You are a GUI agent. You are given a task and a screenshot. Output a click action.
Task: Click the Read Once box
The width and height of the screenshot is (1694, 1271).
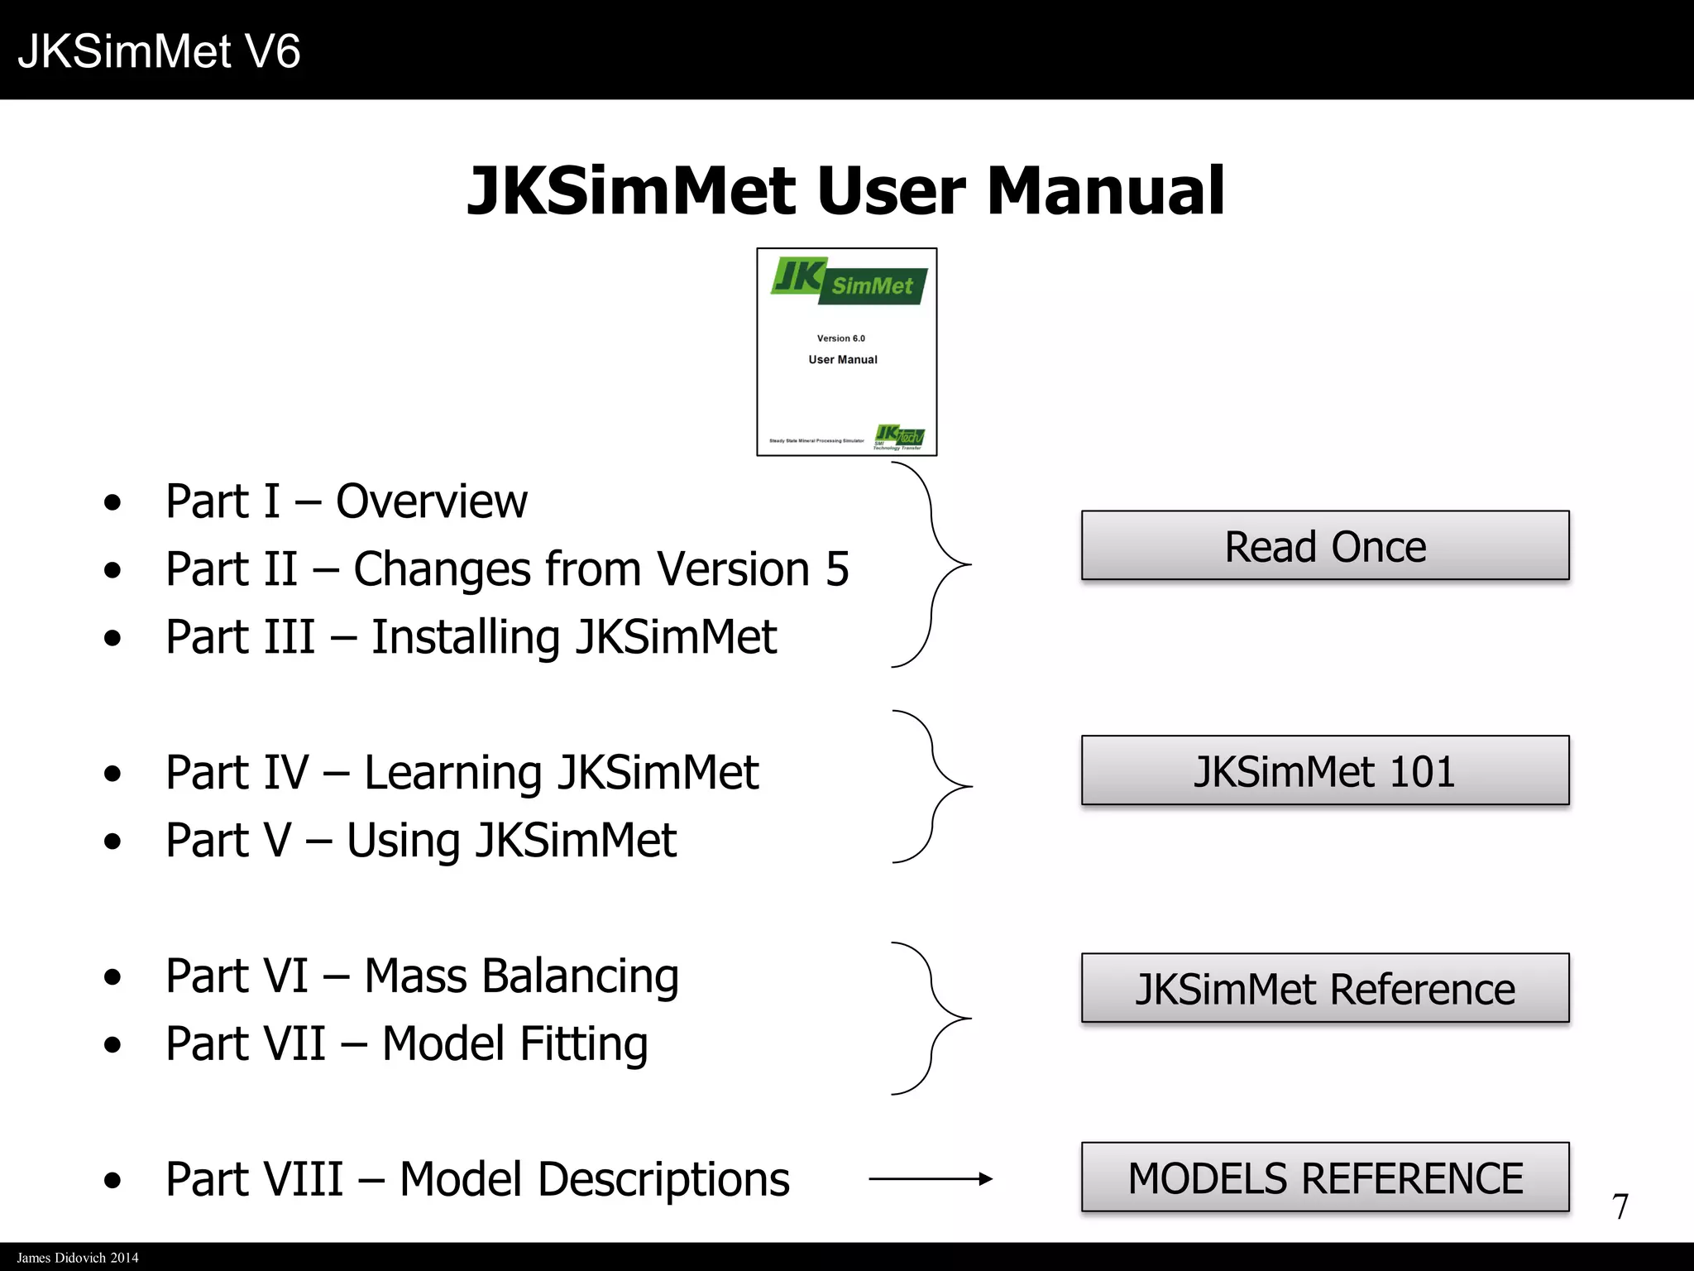click(x=1324, y=546)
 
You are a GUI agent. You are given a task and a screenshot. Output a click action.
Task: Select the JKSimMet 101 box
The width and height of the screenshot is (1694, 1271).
click(x=1324, y=771)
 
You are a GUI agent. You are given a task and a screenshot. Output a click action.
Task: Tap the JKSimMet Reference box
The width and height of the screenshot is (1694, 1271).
click(x=1324, y=989)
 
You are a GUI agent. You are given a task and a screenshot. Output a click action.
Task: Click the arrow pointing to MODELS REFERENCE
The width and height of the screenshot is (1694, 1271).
click(x=930, y=1179)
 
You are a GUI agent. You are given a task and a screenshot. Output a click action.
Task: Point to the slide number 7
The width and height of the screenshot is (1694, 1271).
click(x=1620, y=1207)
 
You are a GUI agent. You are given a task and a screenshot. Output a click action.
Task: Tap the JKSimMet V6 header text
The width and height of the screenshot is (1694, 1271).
click(x=159, y=51)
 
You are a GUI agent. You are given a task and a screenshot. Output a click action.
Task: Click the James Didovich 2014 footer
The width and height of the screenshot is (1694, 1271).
click(x=78, y=1258)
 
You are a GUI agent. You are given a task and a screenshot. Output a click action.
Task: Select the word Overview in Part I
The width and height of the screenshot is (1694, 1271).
click(x=431, y=501)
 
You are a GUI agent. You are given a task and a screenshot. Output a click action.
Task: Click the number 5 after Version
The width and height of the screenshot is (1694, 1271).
click(x=837, y=569)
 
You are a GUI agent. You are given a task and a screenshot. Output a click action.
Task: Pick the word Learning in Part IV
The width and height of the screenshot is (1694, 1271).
click(x=452, y=774)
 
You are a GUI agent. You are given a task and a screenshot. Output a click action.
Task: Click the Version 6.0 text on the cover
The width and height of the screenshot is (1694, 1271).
click(x=840, y=338)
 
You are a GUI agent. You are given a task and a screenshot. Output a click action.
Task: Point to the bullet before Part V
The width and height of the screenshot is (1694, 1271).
click(x=113, y=842)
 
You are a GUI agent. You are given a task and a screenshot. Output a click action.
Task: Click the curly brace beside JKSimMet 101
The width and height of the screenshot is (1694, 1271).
click(x=935, y=786)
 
